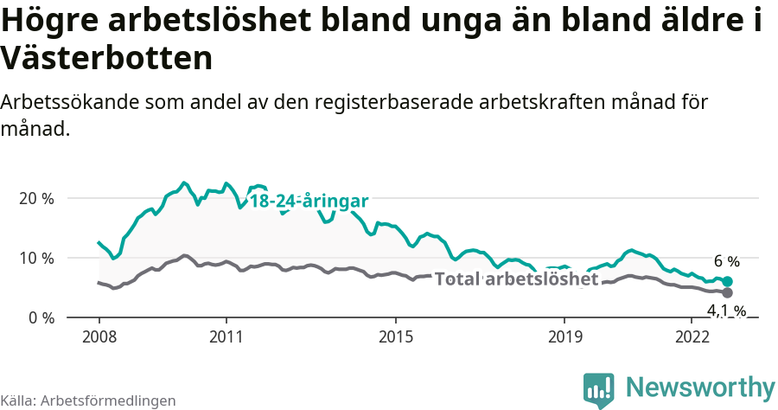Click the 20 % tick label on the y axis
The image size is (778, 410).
(x=35, y=198)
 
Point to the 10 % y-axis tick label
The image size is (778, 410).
(x=35, y=258)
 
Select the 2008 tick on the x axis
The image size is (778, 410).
(x=99, y=336)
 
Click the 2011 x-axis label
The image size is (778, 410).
(x=226, y=336)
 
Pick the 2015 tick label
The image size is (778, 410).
(x=395, y=336)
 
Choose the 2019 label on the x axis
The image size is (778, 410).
(x=564, y=336)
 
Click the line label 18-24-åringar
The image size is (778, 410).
(x=309, y=201)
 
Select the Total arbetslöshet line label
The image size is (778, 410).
(x=516, y=279)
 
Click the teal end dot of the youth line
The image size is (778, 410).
(x=728, y=281)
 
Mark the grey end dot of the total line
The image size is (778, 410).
(x=728, y=292)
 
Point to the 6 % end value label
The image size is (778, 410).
(x=727, y=261)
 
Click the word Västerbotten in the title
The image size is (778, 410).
(x=106, y=59)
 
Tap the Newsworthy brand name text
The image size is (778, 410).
(x=700, y=387)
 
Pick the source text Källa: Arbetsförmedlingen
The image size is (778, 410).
(x=88, y=400)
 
